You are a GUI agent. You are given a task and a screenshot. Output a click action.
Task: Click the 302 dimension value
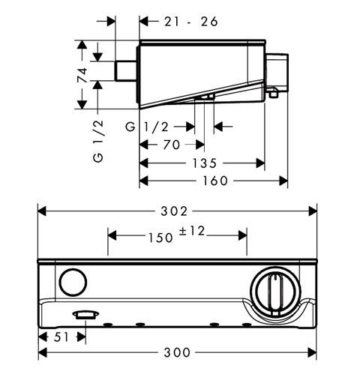[x=174, y=211]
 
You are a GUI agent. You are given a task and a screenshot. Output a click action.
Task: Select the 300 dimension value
[x=177, y=352]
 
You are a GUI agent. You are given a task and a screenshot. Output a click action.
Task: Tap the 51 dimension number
[x=61, y=337]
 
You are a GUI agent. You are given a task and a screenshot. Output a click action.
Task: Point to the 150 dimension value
[x=160, y=238]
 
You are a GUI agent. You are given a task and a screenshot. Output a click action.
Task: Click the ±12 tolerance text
[x=192, y=231]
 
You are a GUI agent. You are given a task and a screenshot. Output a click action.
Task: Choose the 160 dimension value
[x=215, y=181]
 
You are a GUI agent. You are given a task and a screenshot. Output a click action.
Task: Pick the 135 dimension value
[x=204, y=163]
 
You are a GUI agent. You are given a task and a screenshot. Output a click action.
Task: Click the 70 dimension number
[x=172, y=145]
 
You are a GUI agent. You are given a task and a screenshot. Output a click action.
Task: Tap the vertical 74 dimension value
[x=82, y=75]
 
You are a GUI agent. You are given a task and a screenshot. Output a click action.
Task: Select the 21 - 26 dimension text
[x=191, y=22]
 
